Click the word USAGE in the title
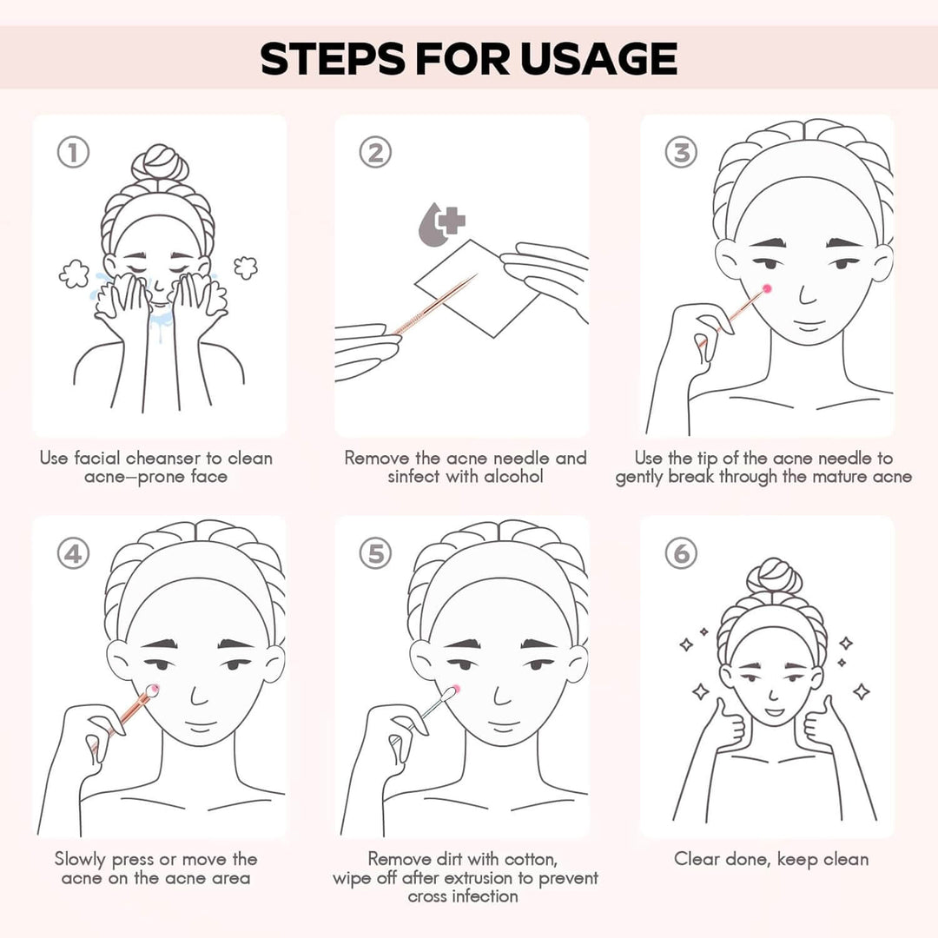598,59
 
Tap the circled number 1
73,152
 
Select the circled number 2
375,152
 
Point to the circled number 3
681,152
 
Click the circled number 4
73,553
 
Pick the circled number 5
375,553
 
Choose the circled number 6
681,553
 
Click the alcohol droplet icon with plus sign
441,224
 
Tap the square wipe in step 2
477,288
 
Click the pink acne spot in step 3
766,289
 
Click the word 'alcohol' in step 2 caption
513,477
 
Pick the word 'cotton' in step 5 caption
530,860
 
